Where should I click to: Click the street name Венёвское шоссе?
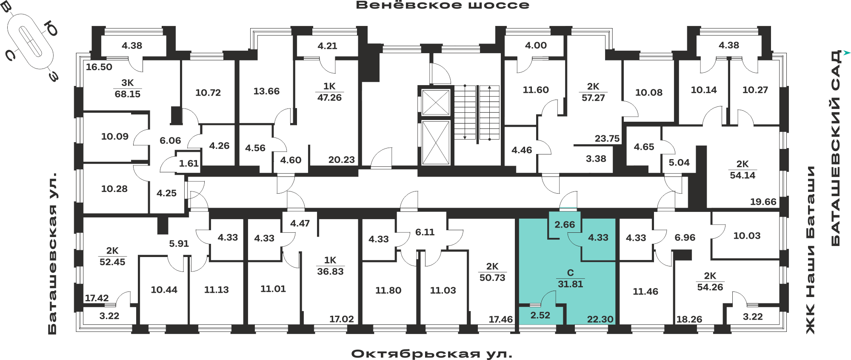pos(443,5)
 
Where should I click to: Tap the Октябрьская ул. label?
pos(432,354)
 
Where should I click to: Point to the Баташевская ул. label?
pos(52,253)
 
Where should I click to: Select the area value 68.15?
pos(128,94)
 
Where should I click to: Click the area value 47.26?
pos(329,97)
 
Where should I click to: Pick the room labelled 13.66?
pos(266,91)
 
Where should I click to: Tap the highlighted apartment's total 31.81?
pos(570,284)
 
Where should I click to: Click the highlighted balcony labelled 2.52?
pos(540,315)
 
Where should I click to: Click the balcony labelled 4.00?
pos(536,45)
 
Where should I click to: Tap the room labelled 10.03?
pos(747,236)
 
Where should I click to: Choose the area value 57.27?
pos(593,97)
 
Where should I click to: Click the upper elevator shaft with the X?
pos(436,102)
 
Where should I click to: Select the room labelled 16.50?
pos(99,67)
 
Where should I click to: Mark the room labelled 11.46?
pos(645,291)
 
